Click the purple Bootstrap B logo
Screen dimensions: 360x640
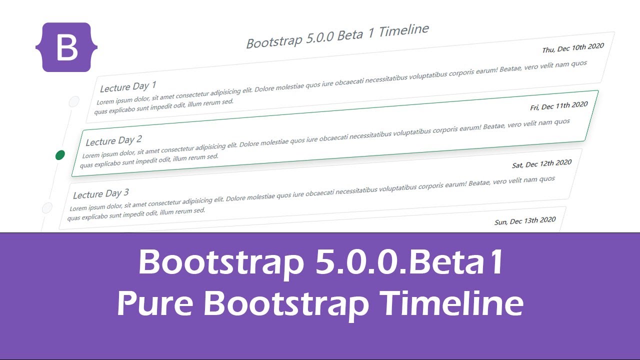tap(66, 47)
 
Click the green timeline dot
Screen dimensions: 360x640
tap(60, 155)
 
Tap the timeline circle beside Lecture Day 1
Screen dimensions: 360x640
tap(74, 101)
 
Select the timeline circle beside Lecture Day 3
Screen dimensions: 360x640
tap(47, 207)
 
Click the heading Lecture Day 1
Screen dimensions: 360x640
tap(128, 86)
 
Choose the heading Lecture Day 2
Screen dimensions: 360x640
tap(114, 140)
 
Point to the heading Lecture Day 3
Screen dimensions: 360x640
tap(101, 193)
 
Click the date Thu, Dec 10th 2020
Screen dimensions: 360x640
tap(573, 48)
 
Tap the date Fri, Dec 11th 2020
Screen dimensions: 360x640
tap(559, 106)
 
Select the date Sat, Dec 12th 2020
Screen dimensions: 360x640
tap(541, 163)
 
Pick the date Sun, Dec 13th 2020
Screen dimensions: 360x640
tap(525, 220)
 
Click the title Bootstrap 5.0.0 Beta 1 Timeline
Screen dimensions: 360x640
tap(337, 36)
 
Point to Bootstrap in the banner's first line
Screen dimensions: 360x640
tap(220, 263)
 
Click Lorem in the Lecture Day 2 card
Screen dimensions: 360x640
tap(92, 155)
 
